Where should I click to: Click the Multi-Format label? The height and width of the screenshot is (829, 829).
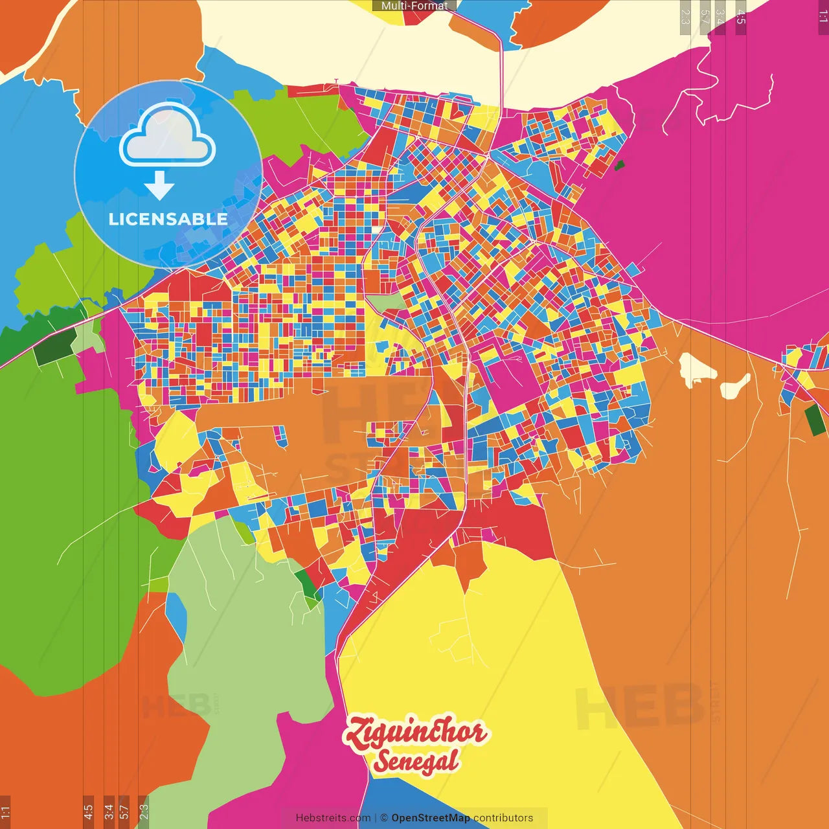point(414,6)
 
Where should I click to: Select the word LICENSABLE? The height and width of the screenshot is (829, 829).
point(168,219)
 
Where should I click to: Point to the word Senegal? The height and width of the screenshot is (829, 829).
point(416,762)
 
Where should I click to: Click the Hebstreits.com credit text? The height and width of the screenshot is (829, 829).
point(333,818)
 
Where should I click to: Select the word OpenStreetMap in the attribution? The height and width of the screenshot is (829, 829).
point(431,818)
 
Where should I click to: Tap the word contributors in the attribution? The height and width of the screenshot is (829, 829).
point(503,818)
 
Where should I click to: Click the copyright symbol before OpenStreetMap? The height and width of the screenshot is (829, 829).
point(384,818)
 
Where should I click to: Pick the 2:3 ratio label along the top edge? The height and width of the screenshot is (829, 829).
point(685,17)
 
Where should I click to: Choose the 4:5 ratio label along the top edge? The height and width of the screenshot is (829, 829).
point(741,17)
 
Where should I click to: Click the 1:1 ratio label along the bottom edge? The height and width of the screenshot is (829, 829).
point(5,812)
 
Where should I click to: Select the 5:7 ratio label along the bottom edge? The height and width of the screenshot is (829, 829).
point(124,812)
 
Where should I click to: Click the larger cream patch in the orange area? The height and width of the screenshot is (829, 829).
point(695,369)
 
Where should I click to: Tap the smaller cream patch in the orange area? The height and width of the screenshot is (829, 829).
point(735,387)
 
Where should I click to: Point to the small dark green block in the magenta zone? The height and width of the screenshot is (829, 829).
point(619,165)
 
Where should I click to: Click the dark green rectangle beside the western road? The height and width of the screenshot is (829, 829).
point(54,348)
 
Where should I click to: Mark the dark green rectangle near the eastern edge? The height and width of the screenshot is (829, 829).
point(815,419)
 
